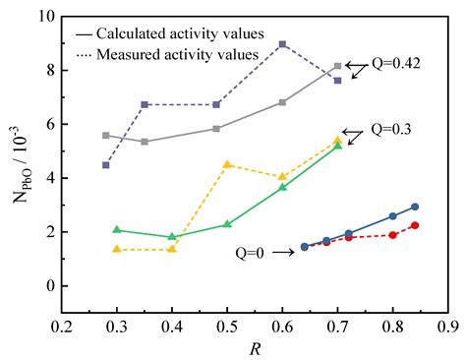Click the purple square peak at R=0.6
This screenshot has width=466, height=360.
point(283,44)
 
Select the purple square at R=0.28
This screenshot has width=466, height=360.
point(106,165)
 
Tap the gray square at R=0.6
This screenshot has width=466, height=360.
point(283,102)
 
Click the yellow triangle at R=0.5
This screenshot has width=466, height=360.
point(227,165)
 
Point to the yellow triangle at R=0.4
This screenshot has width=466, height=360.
point(172,249)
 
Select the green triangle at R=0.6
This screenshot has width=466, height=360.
point(283,187)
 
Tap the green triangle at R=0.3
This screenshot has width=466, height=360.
point(117,230)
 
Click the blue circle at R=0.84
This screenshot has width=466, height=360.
point(415,207)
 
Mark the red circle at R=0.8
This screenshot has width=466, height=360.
point(393,235)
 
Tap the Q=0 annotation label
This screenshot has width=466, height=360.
point(252,252)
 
